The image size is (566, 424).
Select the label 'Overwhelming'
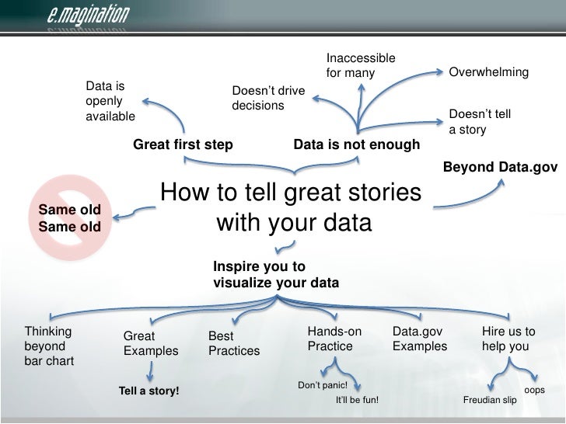coord(489,73)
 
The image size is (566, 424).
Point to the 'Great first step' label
coord(183,144)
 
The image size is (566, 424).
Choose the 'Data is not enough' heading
coord(356,144)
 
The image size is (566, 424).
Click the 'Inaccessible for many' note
coord(360,66)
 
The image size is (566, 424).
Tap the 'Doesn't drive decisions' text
coord(268,98)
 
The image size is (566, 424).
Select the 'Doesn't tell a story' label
coord(480,122)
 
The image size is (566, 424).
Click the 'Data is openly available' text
coord(110,101)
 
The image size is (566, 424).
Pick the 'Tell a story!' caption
coord(148,391)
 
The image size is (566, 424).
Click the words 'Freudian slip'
coord(490,401)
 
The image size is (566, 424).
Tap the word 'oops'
coord(535,390)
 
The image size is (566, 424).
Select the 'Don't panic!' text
coord(323,385)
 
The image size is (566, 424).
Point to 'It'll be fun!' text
coord(357,401)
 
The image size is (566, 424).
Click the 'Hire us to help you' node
coord(508,339)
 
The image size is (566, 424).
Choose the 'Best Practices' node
coord(234,344)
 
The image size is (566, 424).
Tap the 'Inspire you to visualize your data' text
coord(275,275)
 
